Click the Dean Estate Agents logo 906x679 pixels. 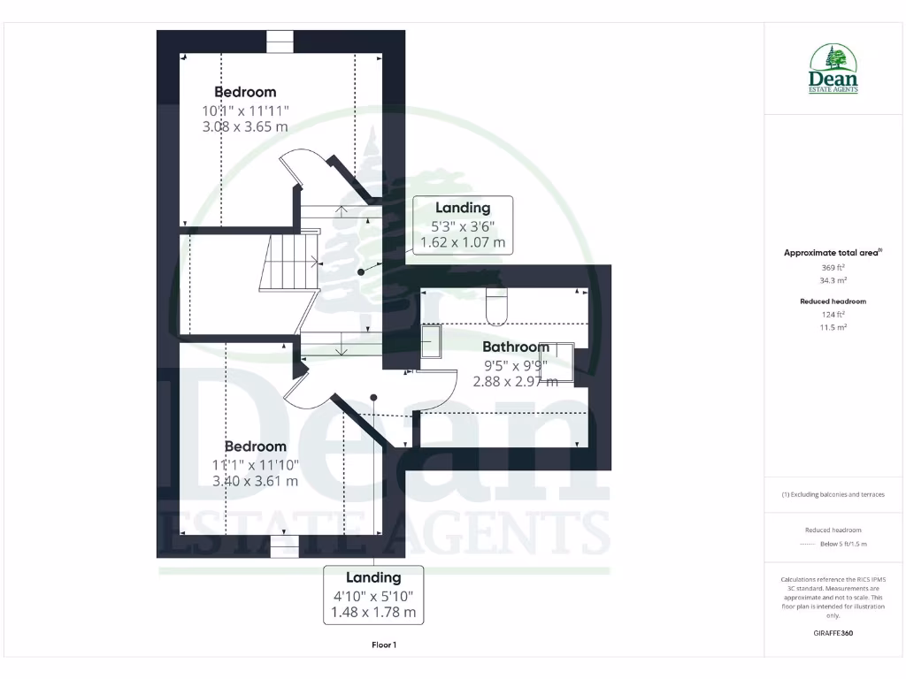pos(833,69)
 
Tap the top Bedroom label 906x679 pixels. pos(245,92)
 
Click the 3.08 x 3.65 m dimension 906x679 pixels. pos(245,126)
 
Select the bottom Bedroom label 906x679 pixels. pos(255,446)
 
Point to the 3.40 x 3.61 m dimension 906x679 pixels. pos(255,481)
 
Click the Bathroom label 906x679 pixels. pos(516,347)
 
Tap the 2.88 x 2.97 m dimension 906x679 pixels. pos(516,381)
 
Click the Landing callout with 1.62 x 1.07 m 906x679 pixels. pos(462,225)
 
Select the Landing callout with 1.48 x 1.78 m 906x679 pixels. pos(373,594)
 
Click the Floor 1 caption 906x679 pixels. pos(384,645)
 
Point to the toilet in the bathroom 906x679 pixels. pos(495,304)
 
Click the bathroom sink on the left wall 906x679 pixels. pos(431,341)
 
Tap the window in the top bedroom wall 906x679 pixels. pos(280,42)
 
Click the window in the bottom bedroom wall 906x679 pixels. pos(284,547)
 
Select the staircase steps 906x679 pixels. pos(288,263)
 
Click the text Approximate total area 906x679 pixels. pos(833,253)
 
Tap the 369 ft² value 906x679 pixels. pos(833,267)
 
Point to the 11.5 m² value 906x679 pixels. pos(833,327)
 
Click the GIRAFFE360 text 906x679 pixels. pos(833,633)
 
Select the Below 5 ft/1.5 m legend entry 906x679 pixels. pos(844,544)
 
